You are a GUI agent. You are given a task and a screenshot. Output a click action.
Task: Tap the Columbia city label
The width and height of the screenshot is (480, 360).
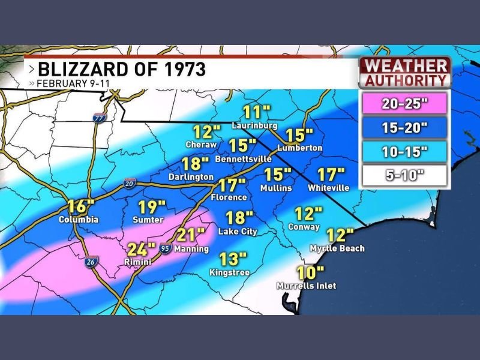78,220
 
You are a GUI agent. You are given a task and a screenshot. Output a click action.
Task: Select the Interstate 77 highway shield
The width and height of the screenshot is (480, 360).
98,118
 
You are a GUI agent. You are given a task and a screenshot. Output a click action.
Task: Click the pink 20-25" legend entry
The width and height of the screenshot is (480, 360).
403,103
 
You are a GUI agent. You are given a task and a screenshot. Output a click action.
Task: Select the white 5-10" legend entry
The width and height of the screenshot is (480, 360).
403,176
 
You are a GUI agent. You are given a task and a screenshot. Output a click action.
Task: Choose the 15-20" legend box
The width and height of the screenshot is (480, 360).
403,127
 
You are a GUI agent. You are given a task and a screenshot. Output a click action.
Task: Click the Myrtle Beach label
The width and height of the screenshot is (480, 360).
337,248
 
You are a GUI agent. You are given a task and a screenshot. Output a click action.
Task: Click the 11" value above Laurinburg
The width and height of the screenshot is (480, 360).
257,112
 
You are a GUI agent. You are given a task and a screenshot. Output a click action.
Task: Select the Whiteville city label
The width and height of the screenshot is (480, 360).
328,188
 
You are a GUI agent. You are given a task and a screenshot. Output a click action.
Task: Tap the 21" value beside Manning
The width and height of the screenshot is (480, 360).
193,234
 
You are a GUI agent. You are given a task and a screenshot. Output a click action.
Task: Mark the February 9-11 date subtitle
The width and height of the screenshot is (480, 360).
65,83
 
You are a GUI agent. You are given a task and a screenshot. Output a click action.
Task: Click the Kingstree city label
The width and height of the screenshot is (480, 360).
229,272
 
